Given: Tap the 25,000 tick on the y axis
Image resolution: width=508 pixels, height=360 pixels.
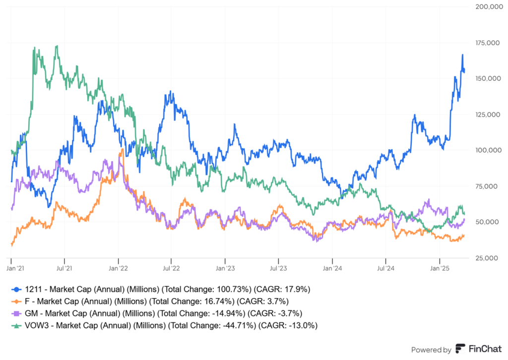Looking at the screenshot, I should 488,258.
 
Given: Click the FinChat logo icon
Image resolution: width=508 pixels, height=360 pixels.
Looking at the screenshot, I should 460,349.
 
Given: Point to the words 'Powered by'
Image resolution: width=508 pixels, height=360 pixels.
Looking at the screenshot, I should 431,350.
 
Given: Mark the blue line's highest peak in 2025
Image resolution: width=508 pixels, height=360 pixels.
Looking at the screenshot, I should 462,55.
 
